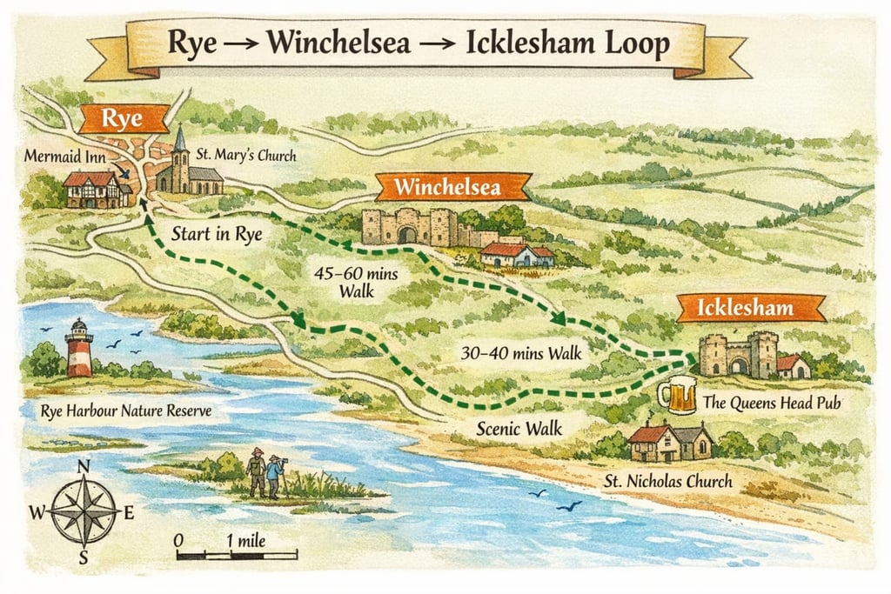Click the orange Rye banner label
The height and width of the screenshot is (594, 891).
[123, 119]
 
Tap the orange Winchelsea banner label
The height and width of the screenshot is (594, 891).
[452, 187]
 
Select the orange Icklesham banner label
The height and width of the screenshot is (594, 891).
[750, 308]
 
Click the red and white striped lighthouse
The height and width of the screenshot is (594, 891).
[79, 348]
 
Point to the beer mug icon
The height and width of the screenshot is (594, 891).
[677, 395]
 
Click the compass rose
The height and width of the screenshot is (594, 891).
[84, 512]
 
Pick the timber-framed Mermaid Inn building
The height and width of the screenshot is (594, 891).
[97, 190]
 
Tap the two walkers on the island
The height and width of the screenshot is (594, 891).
[265, 473]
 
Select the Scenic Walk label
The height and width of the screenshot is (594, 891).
[519, 428]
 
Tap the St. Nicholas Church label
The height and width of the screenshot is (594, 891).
[668, 480]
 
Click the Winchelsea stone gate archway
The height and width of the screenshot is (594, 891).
[407, 233]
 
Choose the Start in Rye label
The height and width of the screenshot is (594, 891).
[217, 233]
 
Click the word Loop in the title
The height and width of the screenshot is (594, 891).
[639, 43]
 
